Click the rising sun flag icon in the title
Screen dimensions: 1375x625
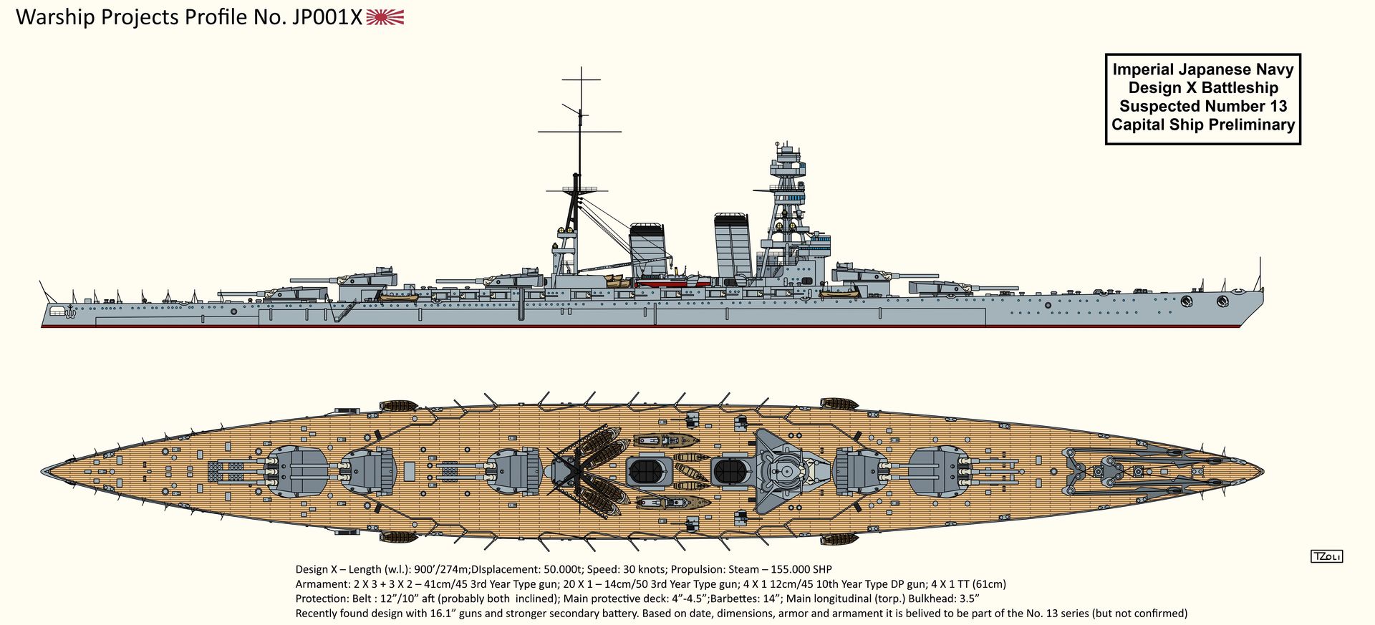[385, 17]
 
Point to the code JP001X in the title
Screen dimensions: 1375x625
[327, 17]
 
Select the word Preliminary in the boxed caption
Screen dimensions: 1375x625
[1252, 125]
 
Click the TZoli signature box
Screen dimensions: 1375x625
[1326, 556]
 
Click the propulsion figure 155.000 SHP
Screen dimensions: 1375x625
[801, 570]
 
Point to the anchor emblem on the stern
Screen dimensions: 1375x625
[70, 311]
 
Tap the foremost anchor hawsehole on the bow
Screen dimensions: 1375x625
[1222, 301]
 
